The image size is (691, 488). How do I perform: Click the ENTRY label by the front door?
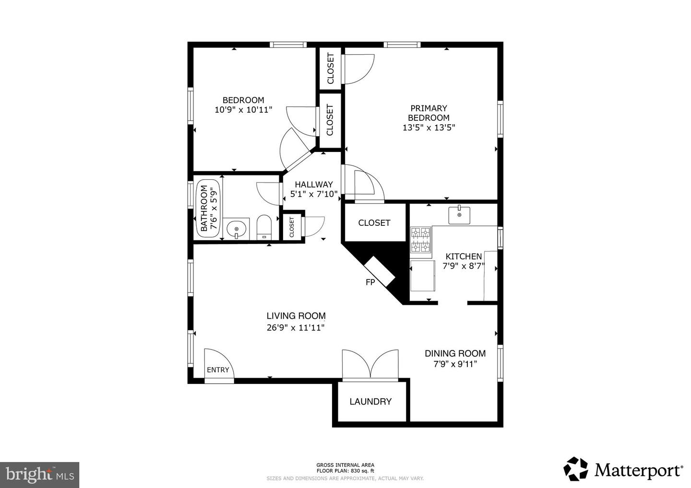[218, 370]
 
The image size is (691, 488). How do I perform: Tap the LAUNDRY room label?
[370, 402]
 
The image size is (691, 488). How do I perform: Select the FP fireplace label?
[370, 282]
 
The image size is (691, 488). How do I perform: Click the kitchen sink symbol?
[459, 215]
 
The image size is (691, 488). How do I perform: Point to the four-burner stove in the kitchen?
[421, 240]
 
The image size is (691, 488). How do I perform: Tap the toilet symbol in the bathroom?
[264, 228]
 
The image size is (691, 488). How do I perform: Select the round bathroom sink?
[237, 229]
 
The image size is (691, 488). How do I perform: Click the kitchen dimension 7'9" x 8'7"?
[464, 266]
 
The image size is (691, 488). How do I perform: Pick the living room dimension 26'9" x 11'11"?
[296, 328]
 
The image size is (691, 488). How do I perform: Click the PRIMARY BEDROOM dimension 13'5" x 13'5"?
[429, 128]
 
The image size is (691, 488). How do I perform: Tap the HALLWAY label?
[313, 185]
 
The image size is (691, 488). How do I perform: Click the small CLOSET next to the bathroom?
[292, 227]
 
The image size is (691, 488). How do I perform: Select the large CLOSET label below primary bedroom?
[374, 223]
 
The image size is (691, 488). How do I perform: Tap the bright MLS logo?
[39, 475]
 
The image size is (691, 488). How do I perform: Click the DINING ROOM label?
[455, 354]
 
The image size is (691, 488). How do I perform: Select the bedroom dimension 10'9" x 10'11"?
[243, 110]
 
